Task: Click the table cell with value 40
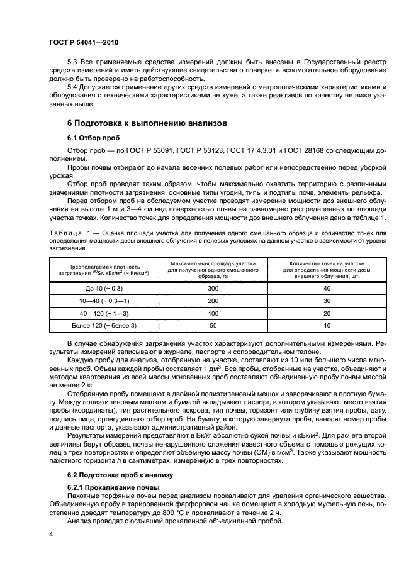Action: tap(326, 288)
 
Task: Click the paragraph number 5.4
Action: tap(72, 86)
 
